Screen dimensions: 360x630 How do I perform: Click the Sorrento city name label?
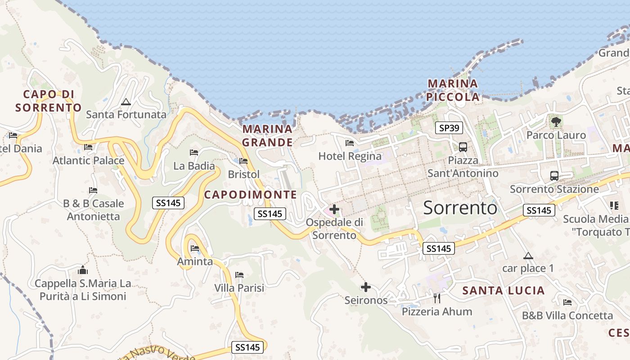click(x=460, y=208)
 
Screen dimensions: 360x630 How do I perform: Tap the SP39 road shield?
click(x=449, y=128)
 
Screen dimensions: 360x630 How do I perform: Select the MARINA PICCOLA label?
click(x=453, y=90)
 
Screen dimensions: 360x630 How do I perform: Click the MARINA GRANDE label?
click(x=267, y=136)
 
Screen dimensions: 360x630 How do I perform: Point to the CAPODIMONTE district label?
click(x=251, y=195)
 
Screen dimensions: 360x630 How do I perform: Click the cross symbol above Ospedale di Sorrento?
click(x=334, y=209)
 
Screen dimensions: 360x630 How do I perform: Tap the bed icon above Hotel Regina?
click(x=350, y=144)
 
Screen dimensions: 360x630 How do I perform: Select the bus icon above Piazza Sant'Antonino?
click(x=463, y=147)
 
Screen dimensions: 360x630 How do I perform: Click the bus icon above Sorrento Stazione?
click(x=554, y=176)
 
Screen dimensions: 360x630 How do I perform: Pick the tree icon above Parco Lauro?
click(x=556, y=121)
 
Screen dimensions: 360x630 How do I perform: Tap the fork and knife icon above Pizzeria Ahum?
click(x=436, y=298)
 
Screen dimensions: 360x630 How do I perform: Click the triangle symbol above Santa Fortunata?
click(x=126, y=102)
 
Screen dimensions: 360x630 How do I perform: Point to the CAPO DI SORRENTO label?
click(x=48, y=101)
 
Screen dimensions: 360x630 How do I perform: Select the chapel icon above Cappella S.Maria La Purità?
click(x=83, y=270)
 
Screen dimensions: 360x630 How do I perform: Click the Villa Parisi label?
click(x=239, y=288)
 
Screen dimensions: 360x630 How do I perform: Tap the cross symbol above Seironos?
click(x=366, y=287)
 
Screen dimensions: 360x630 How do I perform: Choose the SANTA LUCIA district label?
click(x=504, y=291)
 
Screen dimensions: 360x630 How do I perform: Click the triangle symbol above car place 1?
click(x=528, y=256)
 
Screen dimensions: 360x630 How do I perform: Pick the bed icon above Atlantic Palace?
click(x=88, y=147)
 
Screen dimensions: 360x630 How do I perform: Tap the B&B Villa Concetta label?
click(x=567, y=315)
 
